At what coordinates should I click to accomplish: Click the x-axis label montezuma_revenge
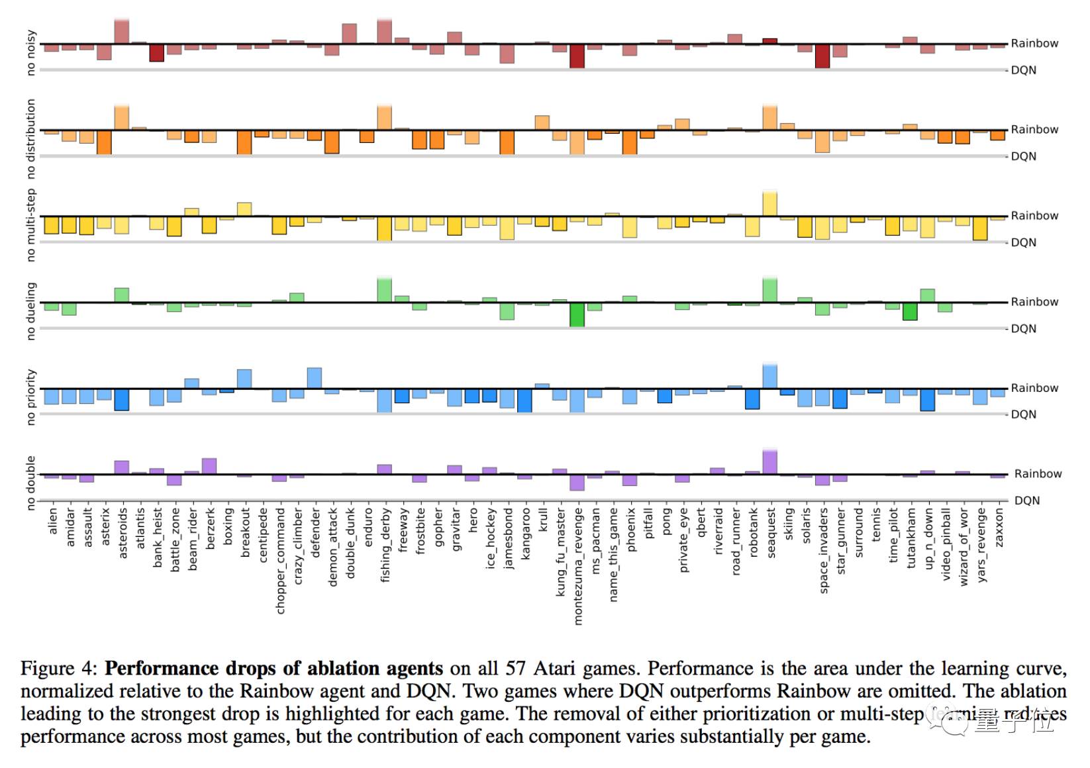tap(578, 566)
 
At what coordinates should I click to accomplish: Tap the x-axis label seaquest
tap(770, 533)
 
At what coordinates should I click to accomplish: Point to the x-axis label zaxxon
tap(999, 528)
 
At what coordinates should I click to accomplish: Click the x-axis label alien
tap(53, 520)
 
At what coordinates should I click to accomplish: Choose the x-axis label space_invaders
tap(823, 550)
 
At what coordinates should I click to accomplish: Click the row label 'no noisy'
tap(30, 52)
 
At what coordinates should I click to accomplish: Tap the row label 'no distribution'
tap(30, 139)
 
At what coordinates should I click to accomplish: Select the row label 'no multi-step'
tap(30, 225)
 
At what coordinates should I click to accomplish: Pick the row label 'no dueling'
tap(30, 311)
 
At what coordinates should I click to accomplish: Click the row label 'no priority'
tap(30, 397)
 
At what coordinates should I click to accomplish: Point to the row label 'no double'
tap(30, 483)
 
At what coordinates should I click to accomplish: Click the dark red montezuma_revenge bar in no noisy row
tap(577, 56)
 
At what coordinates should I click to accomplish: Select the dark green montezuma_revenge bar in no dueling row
tap(577, 314)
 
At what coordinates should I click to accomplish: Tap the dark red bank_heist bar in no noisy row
tap(156, 53)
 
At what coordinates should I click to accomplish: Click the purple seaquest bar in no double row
tap(769, 462)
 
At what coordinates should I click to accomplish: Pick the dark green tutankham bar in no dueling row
tap(910, 311)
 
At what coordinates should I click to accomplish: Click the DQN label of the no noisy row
tap(1023, 70)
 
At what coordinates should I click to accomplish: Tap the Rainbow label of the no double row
tap(1038, 473)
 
